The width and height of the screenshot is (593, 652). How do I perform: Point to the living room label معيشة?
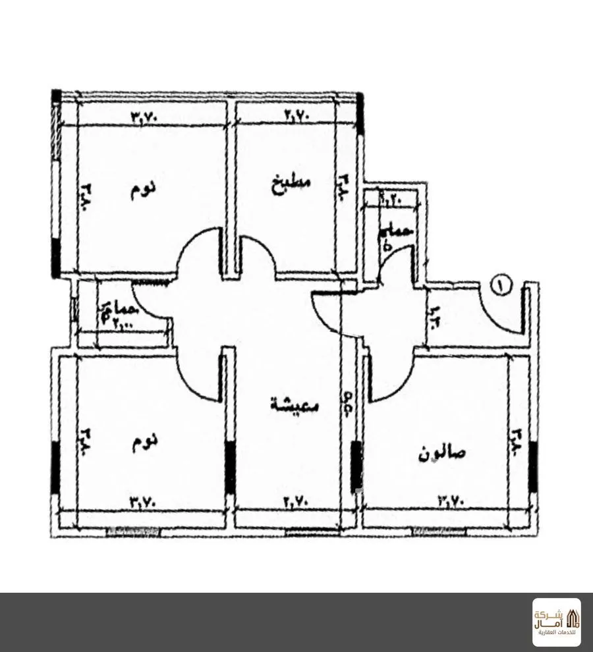click(x=295, y=404)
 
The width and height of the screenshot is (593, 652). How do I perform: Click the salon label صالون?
click(x=442, y=454)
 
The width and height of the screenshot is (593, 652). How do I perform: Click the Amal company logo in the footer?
click(x=556, y=622)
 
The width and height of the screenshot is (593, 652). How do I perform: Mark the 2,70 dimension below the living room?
click(x=297, y=502)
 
